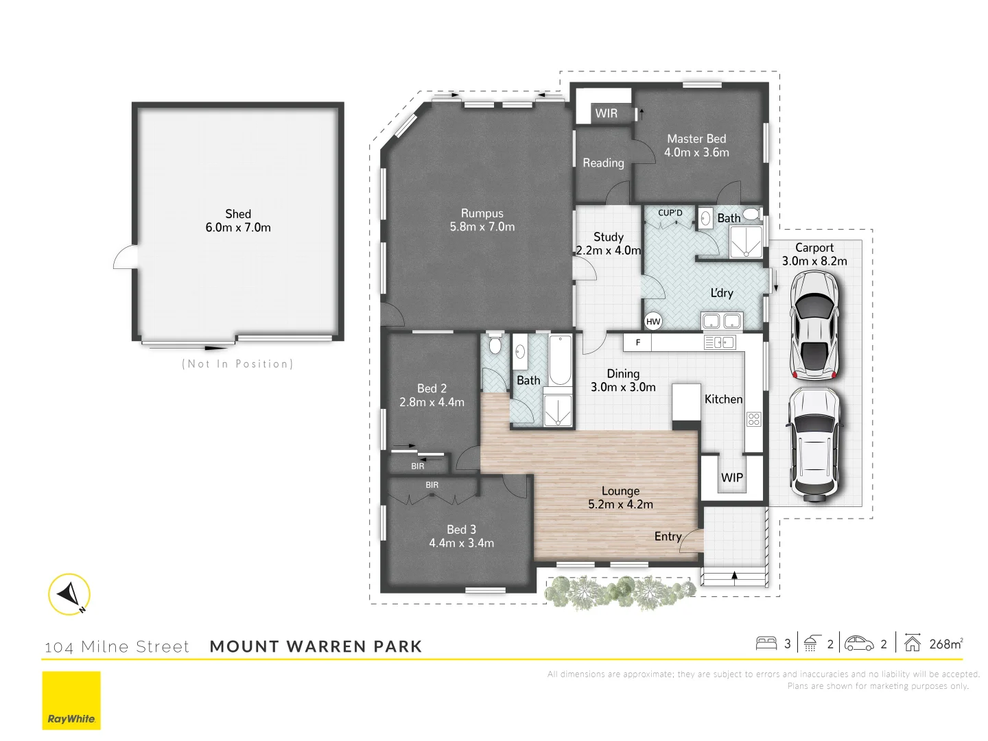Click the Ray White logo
coord(71,700)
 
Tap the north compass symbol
coord(69,594)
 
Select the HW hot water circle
coord(653,321)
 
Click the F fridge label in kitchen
coord(638,342)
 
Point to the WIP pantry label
coord(731,478)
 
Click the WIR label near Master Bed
coord(606,113)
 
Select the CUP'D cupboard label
coord(670,213)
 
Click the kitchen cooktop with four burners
coord(753,419)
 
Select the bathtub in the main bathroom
coord(560,360)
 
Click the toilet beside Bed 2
coord(495,344)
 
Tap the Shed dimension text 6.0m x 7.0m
coord(238,228)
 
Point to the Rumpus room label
coord(482,213)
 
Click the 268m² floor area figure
coord(945,644)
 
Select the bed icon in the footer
coord(766,644)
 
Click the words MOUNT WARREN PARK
coord(316,646)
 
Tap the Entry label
coord(668,537)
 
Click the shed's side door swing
coord(126,258)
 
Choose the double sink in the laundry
coord(721,320)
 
